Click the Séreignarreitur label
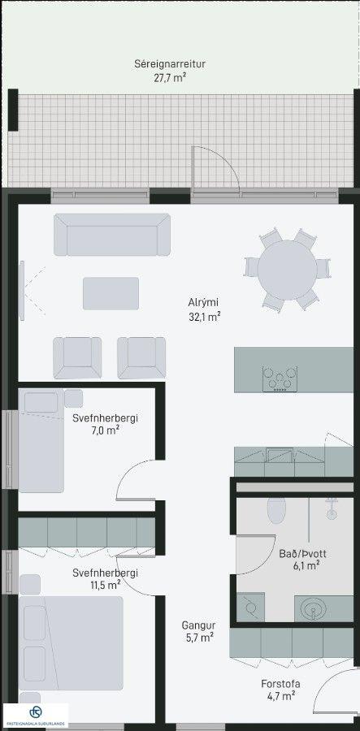pyautogui.click(x=170, y=64)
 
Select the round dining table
pyautogui.click(x=287, y=270)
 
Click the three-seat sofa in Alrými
pyautogui.click(x=112, y=235)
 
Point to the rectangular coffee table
pyautogui.click(x=111, y=293)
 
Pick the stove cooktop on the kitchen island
pyautogui.click(x=280, y=378)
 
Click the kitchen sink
pyautogui.click(x=280, y=455)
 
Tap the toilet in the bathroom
pyautogui.click(x=276, y=510)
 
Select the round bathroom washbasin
pyautogui.click(x=311, y=608)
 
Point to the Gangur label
pyautogui.click(x=198, y=625)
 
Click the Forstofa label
pyautogui.click(x=280, y=684)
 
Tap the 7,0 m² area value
pyautogui.click(x=105, y=430)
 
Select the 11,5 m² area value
pyautogui.click(x=105, y=585)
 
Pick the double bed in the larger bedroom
pyautogui.click(x=71, y=643)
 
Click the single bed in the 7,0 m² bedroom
pyautogui.click(x=41, y=440)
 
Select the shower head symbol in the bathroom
pyautogui.click(x=332, y=508)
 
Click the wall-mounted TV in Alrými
pyautogui.click(x=21, y=291)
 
